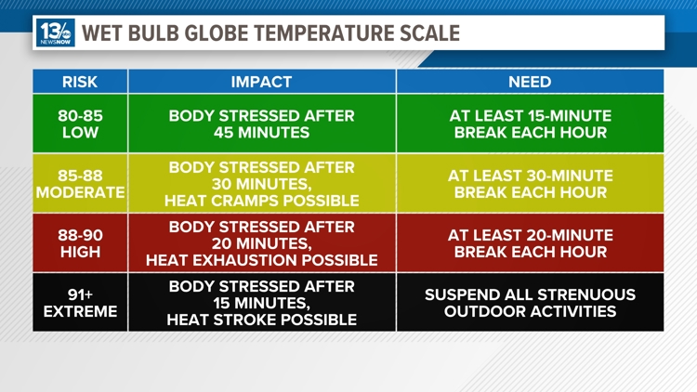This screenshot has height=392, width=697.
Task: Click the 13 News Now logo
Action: pos(56,33)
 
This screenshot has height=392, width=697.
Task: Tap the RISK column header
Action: pos(80,82)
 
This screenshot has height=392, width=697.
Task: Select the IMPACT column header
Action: pos(261,82)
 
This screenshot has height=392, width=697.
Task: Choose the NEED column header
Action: pos(530,82)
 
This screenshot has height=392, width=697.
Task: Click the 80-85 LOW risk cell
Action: pos(80,124)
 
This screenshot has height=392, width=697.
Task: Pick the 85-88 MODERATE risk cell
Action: pos(80,183)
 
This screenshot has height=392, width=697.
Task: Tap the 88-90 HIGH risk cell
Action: pos(80,243)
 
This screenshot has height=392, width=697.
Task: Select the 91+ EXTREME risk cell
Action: pos(80,302)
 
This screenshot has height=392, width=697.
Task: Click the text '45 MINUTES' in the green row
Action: pos(261,133)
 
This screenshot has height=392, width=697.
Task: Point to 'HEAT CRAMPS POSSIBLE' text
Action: pos(261,201)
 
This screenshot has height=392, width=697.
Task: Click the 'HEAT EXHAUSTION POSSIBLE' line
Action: pos(261,260)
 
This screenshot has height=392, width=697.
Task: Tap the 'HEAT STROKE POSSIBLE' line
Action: pos(261,320)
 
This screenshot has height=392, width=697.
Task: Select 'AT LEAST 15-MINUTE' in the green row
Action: pos(530,116)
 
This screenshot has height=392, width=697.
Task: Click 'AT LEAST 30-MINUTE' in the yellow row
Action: pos(530,176)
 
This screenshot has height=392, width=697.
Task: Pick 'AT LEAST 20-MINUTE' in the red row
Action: pos(530,235)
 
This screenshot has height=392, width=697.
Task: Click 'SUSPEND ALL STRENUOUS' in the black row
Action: pos(530,294)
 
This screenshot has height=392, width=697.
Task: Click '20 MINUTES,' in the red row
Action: pos(261,242)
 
